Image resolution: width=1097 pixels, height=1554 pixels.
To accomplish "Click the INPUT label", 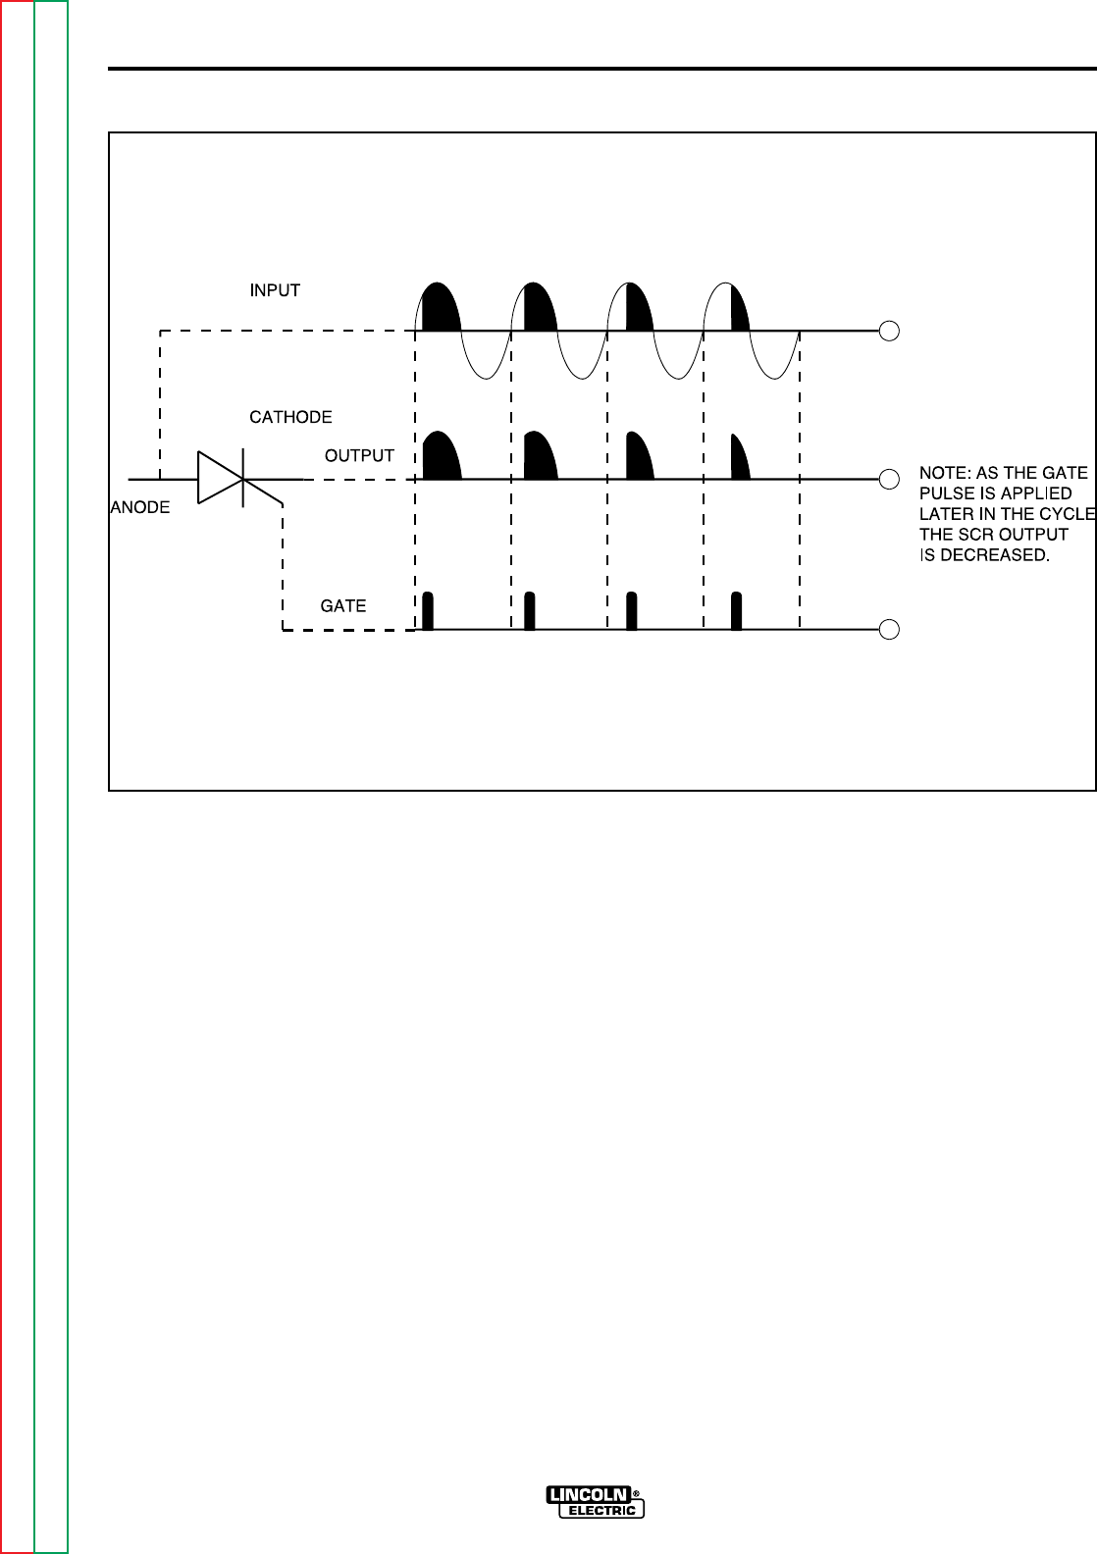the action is (x=275, y=290).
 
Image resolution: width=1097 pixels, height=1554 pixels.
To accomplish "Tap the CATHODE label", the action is (x=290, y=417).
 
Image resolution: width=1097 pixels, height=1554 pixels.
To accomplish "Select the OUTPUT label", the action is (x=359, y=456).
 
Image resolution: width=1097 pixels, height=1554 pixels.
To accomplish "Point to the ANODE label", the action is (x=139, y=508).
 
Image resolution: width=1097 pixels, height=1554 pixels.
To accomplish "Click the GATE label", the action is (x=343, y=606).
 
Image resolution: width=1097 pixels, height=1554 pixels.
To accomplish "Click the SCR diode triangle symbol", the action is (x=220, y=479).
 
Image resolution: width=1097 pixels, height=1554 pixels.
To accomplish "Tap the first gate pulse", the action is (x=428, y=610).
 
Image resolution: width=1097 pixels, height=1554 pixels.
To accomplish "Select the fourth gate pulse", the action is (x=737, y=610).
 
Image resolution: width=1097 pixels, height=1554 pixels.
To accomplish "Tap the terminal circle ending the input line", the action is (x=889, y=331).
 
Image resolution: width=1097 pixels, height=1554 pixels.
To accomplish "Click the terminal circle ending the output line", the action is (x=889, y=480).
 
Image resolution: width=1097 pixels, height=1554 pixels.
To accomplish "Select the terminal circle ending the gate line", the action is (x=889, y=630).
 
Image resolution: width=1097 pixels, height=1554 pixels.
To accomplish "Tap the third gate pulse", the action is (x=632, y=610).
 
